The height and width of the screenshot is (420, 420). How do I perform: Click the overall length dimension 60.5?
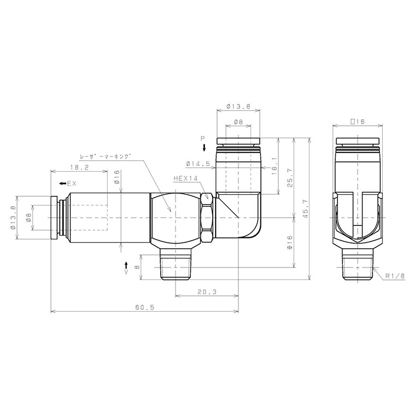[x=145, y=308]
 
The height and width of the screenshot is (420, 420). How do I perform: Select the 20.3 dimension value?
[x=206, y=293]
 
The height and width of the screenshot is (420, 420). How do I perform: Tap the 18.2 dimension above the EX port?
[x=80, y=167]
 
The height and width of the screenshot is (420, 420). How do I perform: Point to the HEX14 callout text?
[x=185, y=178]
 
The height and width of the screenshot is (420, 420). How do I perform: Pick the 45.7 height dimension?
[x=305, y=208]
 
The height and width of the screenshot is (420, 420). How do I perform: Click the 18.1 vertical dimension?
[x=273, y=164]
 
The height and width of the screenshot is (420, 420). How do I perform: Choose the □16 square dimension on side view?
[x=357, y=121]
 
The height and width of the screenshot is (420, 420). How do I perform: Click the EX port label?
[x=72, y=184]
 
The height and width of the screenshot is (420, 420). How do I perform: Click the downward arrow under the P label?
[x=204, y=148]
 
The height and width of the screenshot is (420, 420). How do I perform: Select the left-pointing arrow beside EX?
[x=63, y=184]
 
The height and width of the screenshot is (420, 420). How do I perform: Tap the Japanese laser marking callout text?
[x=106, y=156]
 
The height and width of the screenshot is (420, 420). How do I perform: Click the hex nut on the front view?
[x=207, y=217]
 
